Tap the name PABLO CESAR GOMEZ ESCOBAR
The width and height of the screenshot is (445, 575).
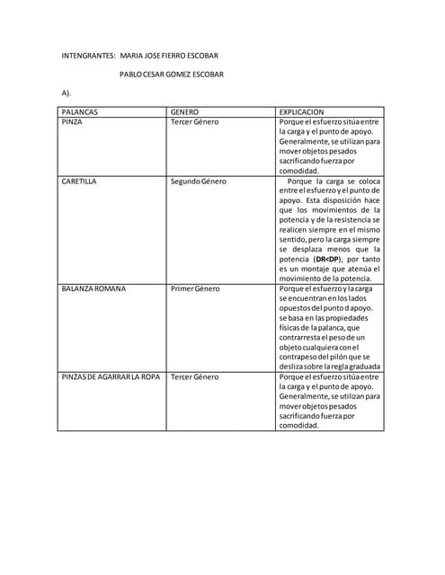coord(172,75)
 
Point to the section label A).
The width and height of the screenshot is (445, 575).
coord(66,93)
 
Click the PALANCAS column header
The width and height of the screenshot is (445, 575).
coord(80,111)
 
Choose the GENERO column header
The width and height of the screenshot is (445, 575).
coord(184,111)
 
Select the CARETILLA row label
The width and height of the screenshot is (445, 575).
coord(79,181)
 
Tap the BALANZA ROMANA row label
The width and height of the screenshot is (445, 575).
coord(93,288)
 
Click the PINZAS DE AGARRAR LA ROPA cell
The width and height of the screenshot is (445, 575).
coord(111,376)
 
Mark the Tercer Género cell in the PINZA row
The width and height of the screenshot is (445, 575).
coord(194,121)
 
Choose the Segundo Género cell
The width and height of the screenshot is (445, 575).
coord(199,181)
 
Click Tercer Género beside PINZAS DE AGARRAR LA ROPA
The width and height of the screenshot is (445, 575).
coord(194,376)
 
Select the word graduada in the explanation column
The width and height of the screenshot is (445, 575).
coord(358,367)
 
